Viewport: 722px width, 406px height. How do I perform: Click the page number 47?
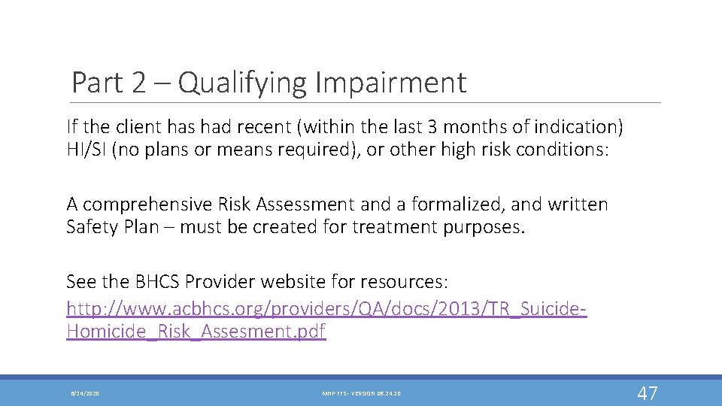click(647, 392)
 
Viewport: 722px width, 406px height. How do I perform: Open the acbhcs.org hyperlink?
click(326, 309)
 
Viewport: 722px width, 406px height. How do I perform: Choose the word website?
click(316, 282)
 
